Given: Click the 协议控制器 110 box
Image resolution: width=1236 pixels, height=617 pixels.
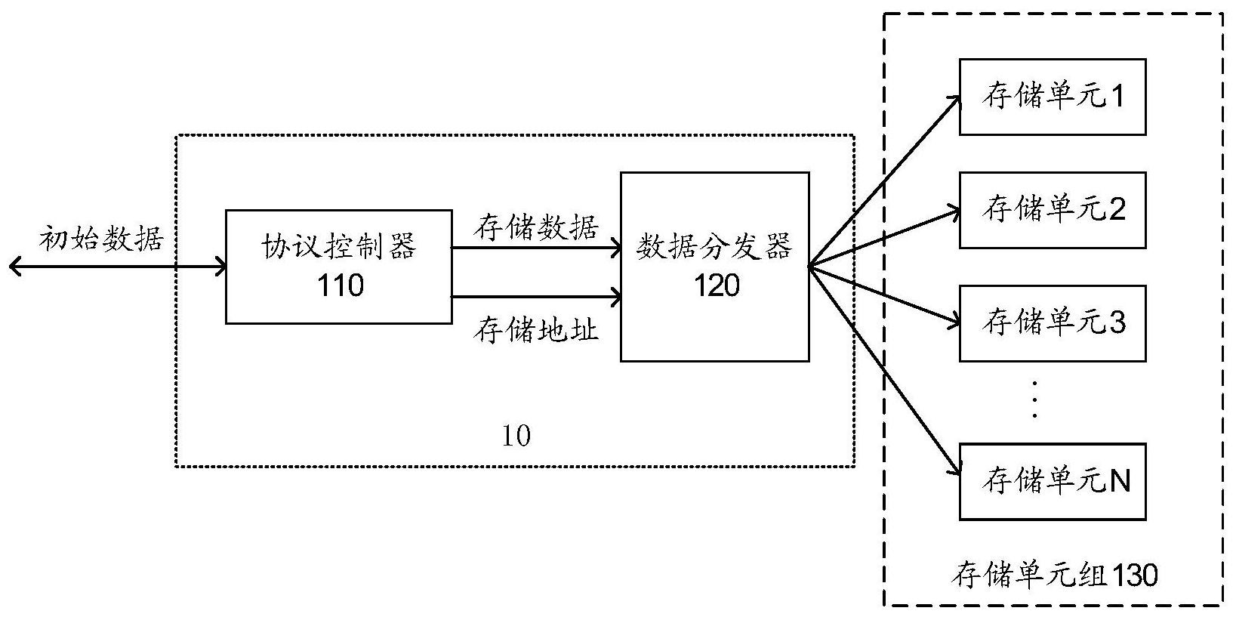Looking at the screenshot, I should pos(339,267).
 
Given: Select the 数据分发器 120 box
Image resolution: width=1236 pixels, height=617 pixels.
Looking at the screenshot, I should pos(714,267).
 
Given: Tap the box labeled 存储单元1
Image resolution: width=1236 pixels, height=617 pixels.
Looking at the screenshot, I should pos(1053,97).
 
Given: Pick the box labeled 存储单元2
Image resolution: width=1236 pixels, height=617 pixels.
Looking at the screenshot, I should pos(1053,210).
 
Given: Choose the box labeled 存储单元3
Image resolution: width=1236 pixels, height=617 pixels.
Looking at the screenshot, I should pos(1053,323).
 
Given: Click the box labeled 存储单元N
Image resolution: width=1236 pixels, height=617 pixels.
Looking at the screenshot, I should pos(1053,481).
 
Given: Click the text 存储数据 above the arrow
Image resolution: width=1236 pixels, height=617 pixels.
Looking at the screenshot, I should pos(536,227).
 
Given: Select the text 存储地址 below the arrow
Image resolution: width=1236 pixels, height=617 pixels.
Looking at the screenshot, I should pos(536,330).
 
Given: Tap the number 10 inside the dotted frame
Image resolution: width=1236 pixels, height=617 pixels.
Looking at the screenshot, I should pos(516,436).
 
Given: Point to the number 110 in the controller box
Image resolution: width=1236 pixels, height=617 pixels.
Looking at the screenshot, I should pos(340,285).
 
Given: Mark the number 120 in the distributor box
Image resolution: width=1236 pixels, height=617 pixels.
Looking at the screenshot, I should pos(716,285).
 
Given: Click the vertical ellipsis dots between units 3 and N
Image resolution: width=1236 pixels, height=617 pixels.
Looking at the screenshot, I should pos(1035,400).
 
